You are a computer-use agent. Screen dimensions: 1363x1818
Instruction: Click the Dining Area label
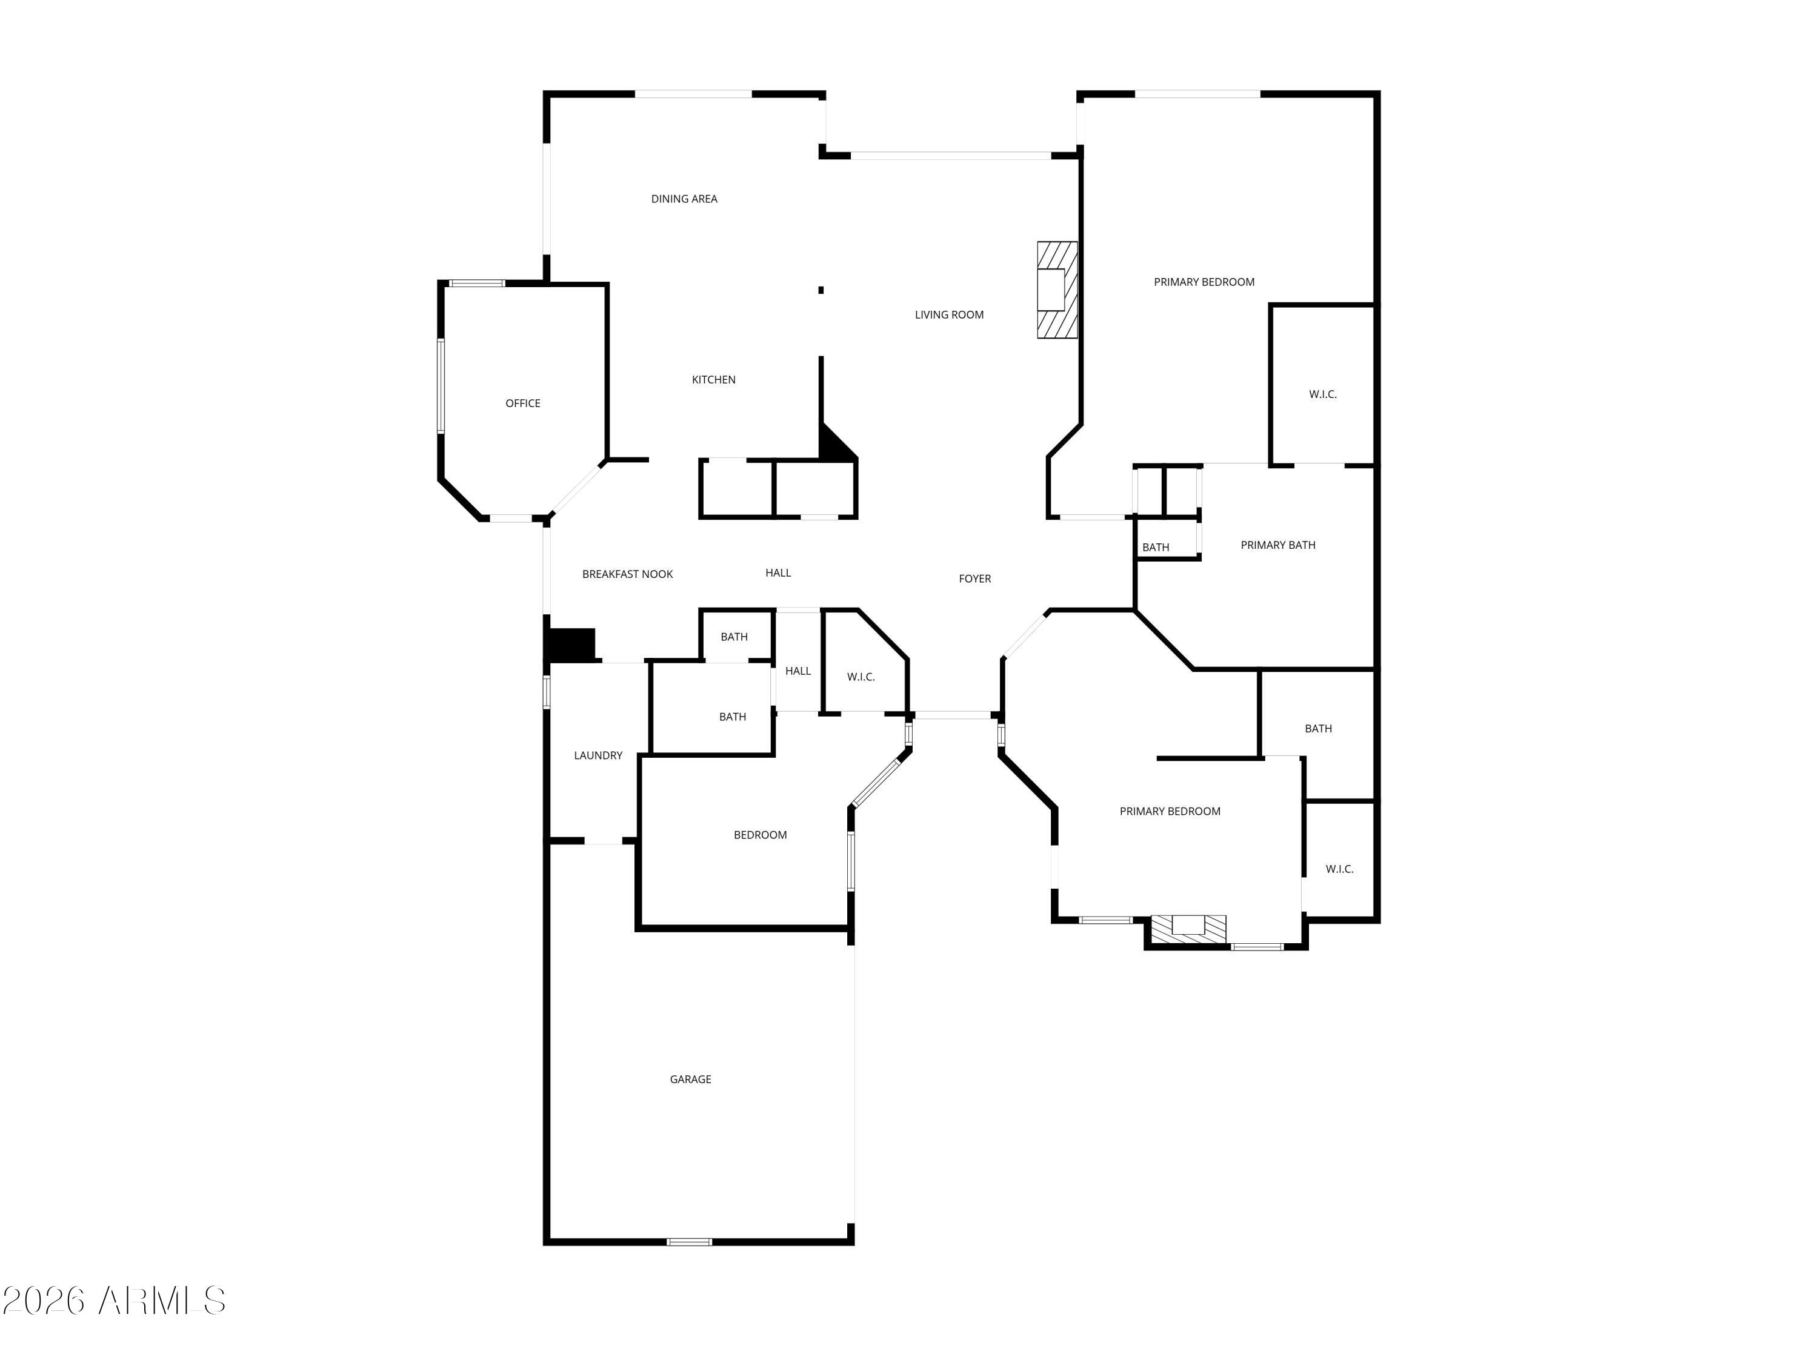(684, 199)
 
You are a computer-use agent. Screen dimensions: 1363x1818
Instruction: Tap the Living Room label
(948, 314)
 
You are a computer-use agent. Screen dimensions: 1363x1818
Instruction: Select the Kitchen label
(713, 380)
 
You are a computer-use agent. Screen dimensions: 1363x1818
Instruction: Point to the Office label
(523, 403)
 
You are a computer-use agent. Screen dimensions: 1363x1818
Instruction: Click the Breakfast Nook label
(627, 574)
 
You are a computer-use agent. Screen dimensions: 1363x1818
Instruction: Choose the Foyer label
(974, 579)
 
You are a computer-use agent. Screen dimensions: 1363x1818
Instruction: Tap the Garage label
(690, 1079)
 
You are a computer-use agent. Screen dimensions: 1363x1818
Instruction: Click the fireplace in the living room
(1056, 290)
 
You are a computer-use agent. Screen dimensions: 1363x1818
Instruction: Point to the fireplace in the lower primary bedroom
(1188, 929)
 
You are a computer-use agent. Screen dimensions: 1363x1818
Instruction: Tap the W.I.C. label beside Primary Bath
(1322, 395)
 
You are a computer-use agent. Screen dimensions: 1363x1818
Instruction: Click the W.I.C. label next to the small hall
(861, 677)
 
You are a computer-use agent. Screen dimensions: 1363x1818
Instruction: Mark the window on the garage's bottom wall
(689, 1241)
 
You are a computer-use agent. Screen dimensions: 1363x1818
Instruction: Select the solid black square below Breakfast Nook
(570, 645)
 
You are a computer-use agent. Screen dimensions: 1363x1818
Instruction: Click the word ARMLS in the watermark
(161, 1301)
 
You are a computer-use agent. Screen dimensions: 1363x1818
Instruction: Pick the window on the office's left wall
(441, 386)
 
